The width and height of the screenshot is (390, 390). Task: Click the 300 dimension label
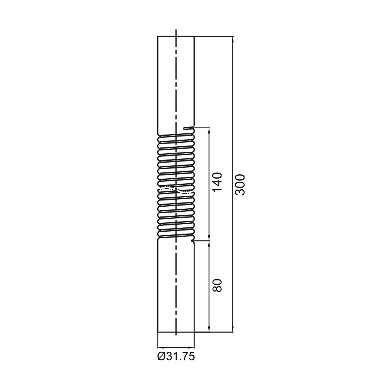[240, 184]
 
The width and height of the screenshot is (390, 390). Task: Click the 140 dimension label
[217, 182]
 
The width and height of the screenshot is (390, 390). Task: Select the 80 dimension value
[217, 285]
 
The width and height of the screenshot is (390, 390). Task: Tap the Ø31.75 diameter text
[176, 357]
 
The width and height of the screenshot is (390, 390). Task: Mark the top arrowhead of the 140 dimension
[209, 131]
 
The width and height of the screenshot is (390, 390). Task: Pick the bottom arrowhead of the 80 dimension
[209, 328]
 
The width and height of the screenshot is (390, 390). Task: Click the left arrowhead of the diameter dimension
[161, 347]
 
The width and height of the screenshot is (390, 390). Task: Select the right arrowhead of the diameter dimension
[191, 347]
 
